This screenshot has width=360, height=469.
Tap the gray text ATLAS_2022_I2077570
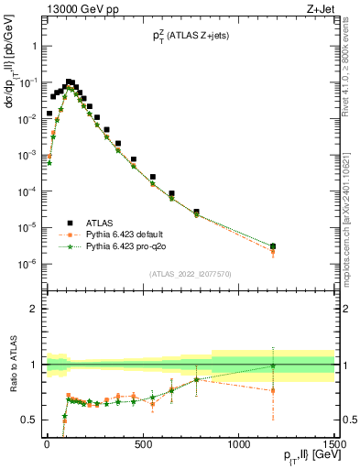coord(191,273)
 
